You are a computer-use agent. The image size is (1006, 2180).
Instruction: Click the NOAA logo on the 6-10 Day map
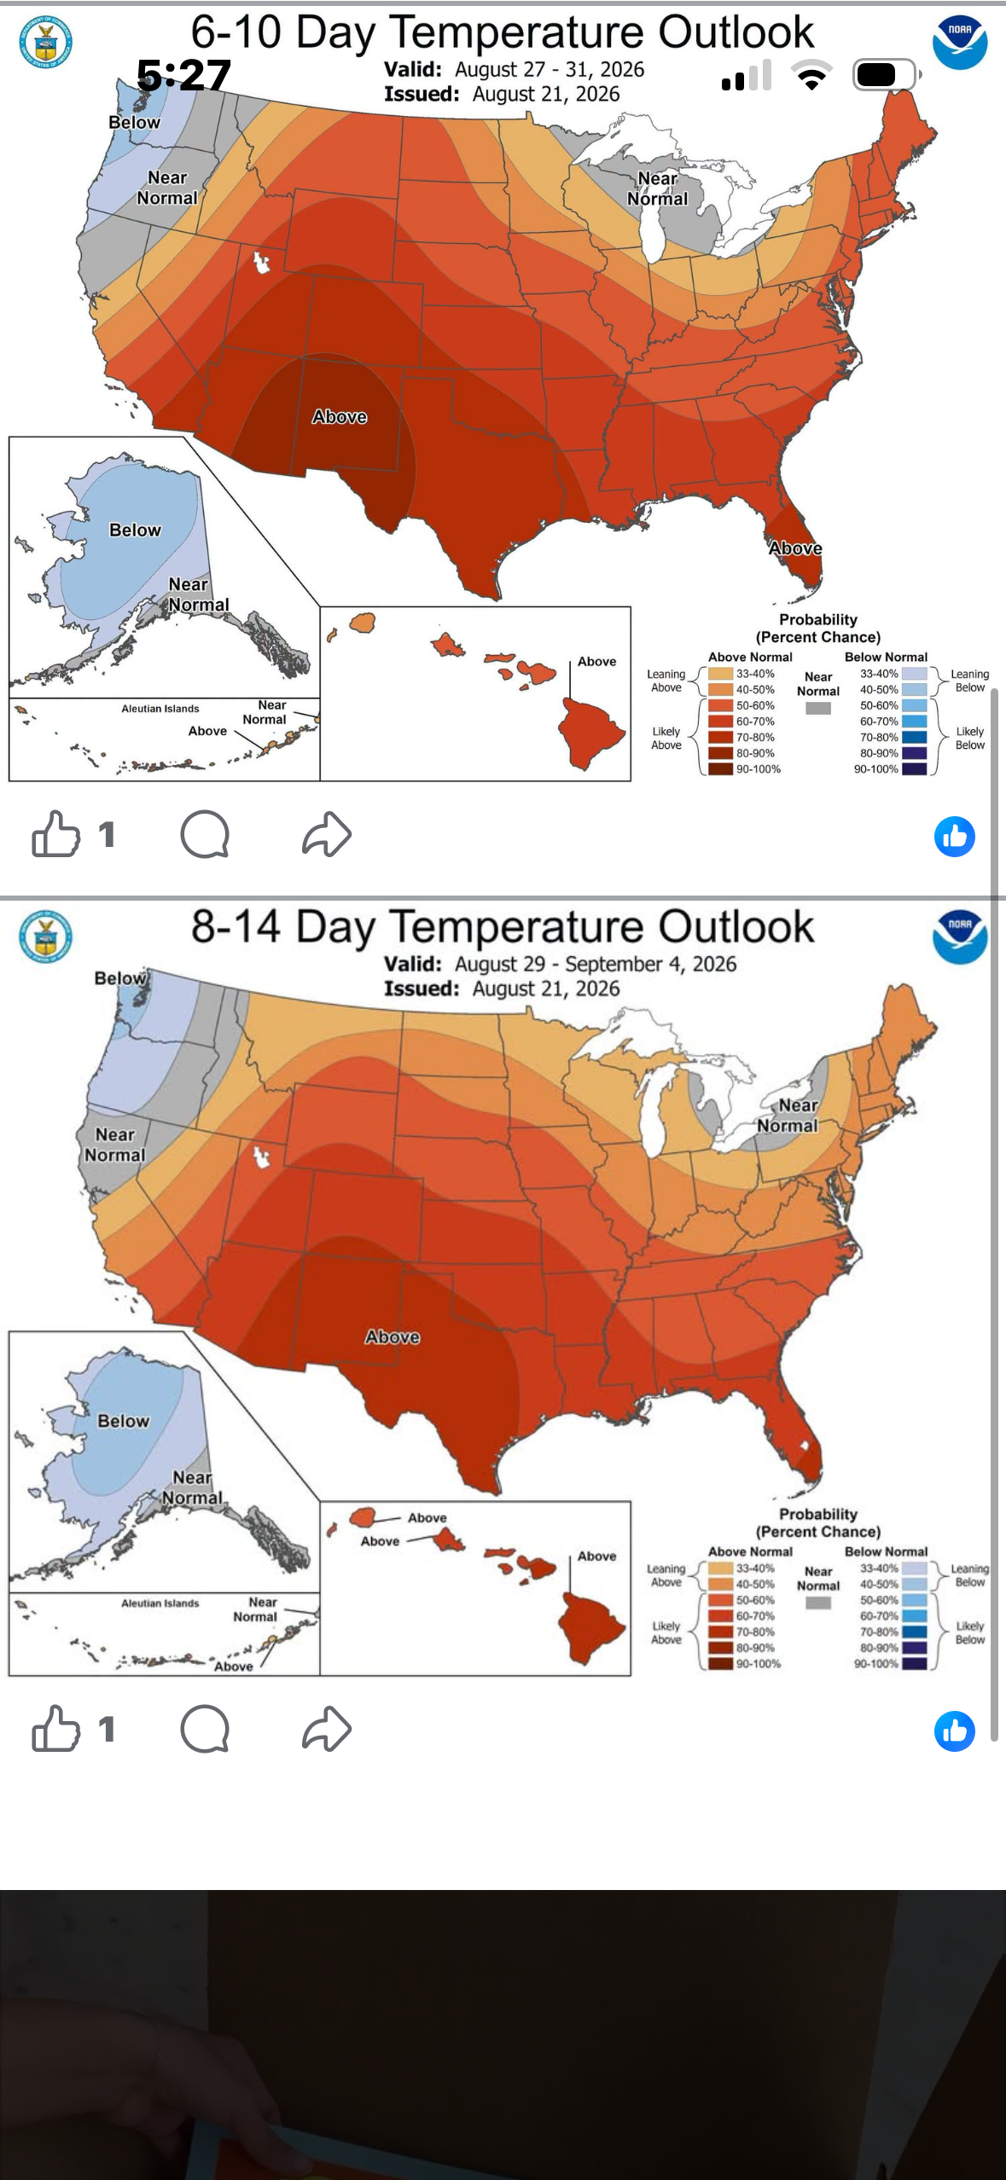click(x=960, y=43)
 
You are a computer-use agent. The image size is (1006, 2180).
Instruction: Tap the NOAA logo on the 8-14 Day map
click(x=960, y=936)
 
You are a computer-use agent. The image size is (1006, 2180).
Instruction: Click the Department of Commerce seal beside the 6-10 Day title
click(x=46, y=42)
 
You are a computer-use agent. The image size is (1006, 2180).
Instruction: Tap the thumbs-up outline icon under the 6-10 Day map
click(x=56, y=833)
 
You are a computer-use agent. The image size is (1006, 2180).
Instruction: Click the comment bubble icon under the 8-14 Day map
click(x=205, y=1729)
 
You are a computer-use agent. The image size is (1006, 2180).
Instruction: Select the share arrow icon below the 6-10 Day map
click(x=327, y=833)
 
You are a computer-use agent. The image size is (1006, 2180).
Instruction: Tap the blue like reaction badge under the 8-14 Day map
click(x=955, y=1731)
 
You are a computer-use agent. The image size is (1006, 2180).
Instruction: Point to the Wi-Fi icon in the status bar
click(x=813, y=76)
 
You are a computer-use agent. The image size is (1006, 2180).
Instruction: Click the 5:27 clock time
click(x=184, y=75)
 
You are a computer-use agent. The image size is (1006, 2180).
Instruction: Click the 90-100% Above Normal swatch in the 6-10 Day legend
click(x=721, y=769)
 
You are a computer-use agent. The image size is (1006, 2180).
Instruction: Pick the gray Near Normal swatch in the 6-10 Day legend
click(x=818, y=708)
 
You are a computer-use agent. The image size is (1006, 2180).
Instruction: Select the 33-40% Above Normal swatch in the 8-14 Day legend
click(x=721, y=1568)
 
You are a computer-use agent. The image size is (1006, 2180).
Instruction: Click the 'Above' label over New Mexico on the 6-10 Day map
click(x=340, y=417)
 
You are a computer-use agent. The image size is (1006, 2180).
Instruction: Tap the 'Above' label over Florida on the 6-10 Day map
click(x=795, y=548)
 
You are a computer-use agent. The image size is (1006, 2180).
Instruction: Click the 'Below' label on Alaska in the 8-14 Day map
click(x=124, y=1421)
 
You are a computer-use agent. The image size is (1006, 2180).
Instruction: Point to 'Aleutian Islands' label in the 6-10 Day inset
click(x=160, y=709)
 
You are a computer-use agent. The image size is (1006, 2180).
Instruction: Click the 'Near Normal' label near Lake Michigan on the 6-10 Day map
click(x=658, y=188)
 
